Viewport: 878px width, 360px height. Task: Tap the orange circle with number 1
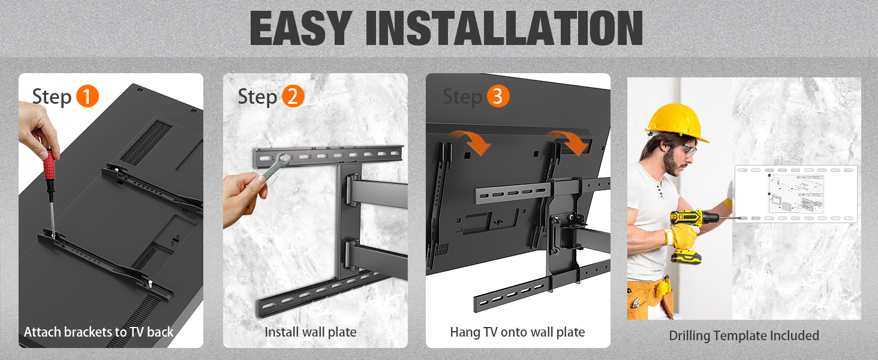point(88,96)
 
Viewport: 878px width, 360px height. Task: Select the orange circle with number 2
point(293,96)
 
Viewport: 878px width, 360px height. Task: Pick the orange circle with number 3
point(498,96)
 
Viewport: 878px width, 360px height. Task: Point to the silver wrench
point(275,166)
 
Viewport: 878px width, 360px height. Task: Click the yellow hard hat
point(676,122)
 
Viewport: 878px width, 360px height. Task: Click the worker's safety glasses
point(688,150)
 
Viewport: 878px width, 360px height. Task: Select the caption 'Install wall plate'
point(311,332)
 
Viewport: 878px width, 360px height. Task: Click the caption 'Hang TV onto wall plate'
point(518,332)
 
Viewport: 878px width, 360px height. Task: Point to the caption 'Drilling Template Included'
point(744,335)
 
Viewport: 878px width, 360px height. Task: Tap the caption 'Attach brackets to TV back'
point(99,332)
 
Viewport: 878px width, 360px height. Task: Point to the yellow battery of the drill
point(686,257)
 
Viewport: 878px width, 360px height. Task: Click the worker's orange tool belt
point(650,298)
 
